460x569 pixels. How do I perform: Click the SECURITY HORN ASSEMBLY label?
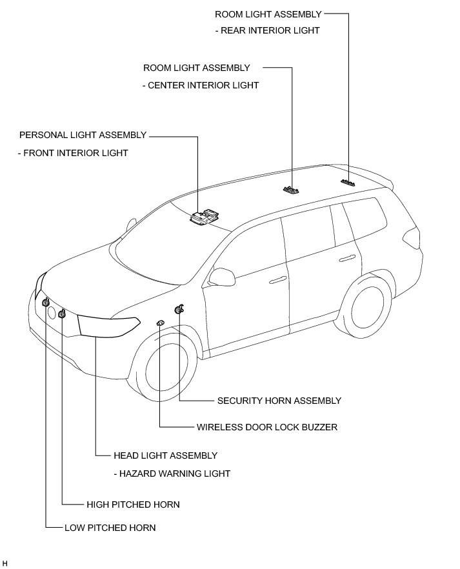coord(279,401)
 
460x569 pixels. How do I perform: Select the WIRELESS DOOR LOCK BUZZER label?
coord(267,427)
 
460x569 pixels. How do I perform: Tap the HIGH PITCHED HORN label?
coord(133,504)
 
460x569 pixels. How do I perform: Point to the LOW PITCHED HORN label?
coord(110,528)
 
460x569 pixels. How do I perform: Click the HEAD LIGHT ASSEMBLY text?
coord(165,455)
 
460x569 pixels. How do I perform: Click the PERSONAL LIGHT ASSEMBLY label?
coord(83,135)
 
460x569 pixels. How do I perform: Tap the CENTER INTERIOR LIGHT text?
coord(201,85)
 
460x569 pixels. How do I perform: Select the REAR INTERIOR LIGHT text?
coord(267,30)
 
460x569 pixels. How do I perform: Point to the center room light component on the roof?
coord(292,190)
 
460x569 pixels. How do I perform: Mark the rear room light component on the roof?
coord(349,183)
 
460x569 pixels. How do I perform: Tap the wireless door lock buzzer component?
coord(159,322)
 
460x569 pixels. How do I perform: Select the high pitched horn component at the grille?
coord(62,314)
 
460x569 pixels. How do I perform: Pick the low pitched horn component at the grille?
coord(46,303)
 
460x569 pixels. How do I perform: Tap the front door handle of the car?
coord(277,279)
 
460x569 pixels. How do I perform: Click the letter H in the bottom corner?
coord(5,563)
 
